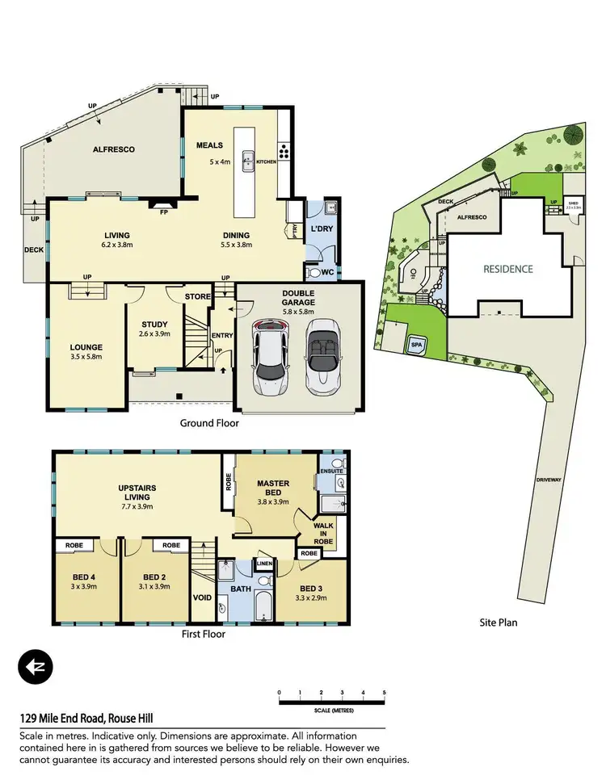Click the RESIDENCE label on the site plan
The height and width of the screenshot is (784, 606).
pos(507,269)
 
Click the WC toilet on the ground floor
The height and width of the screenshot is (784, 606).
pos(314,272)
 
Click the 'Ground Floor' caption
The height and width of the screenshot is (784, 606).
pos(210,423)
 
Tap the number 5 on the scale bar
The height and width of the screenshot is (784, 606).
pos(385,693)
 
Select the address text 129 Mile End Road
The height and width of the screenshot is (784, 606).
pos(86,719)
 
